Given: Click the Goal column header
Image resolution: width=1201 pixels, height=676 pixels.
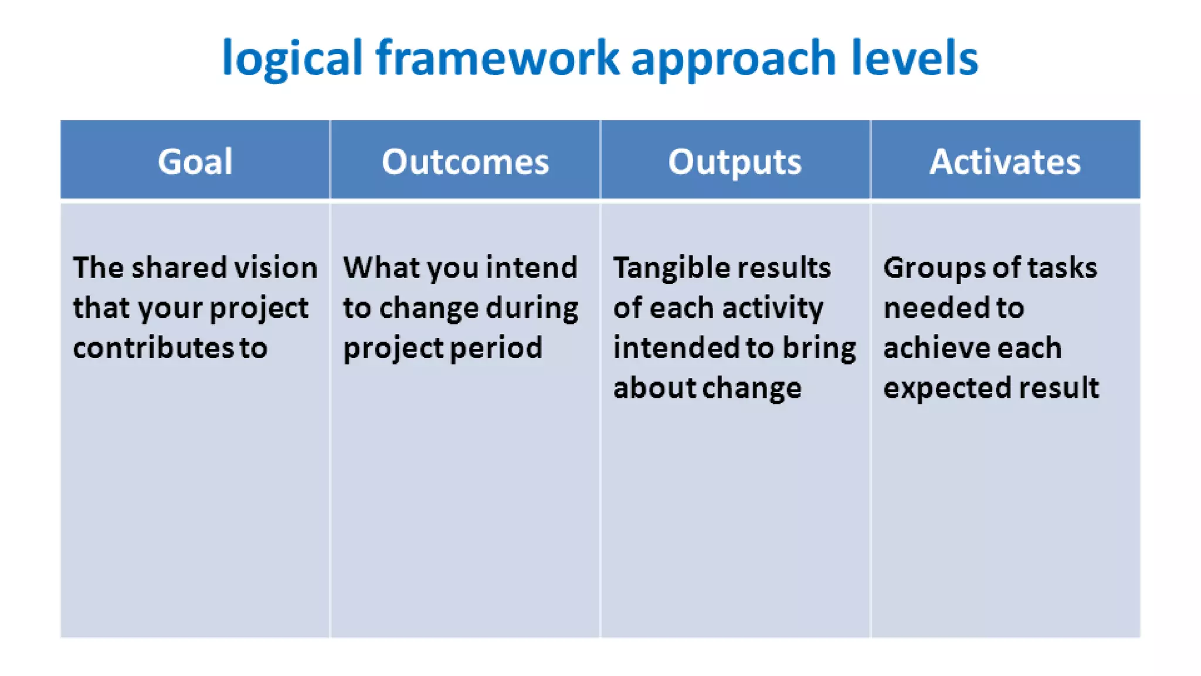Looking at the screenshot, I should pos(195,161).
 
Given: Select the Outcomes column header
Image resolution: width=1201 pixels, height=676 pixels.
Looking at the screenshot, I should pos(465,161).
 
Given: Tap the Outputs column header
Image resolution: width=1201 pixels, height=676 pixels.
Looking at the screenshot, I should pos(735,161).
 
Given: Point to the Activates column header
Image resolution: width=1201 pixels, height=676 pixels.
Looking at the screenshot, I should pos(1005,161).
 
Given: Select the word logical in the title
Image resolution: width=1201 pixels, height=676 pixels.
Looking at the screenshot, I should pos(292,59).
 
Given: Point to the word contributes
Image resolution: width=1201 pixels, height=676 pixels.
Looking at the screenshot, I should pos(154,347).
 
